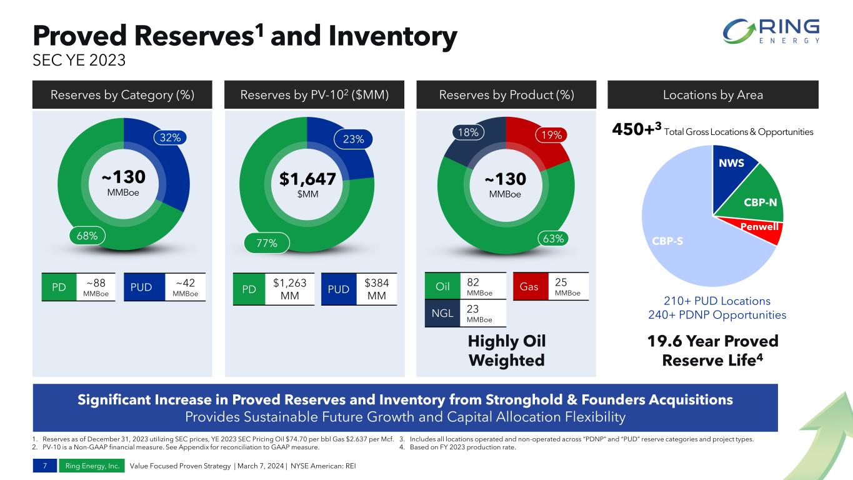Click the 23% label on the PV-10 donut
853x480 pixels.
point(354,139)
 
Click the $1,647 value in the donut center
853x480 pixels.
point(307,180)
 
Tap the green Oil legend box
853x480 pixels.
point(443,287)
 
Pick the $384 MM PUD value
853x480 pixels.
point(376,289)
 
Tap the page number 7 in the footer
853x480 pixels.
point(46,466)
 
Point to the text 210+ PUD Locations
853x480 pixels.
point(717,301)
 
